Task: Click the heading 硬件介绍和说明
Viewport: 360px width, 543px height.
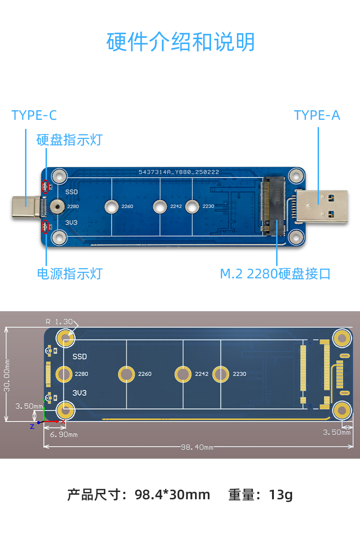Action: [180, 42]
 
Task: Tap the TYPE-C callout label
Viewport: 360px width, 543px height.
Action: [34, 115]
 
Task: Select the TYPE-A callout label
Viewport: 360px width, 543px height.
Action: [317, 115]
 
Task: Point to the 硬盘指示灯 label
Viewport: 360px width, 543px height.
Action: [69, 140]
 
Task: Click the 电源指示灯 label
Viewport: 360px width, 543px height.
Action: [69, 274]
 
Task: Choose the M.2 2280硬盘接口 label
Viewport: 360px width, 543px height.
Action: [275, 274]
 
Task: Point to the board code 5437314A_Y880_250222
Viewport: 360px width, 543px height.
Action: [179, 172]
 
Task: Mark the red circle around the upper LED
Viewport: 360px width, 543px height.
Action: [45, 186]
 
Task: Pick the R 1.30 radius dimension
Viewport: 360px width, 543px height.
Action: [59, 322]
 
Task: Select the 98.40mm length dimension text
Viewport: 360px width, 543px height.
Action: [197, 447]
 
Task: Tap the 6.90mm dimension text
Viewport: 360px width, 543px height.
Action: [63, 435]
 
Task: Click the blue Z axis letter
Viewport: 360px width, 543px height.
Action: [32, 426]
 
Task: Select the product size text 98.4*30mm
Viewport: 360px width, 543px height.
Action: [172, 495]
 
